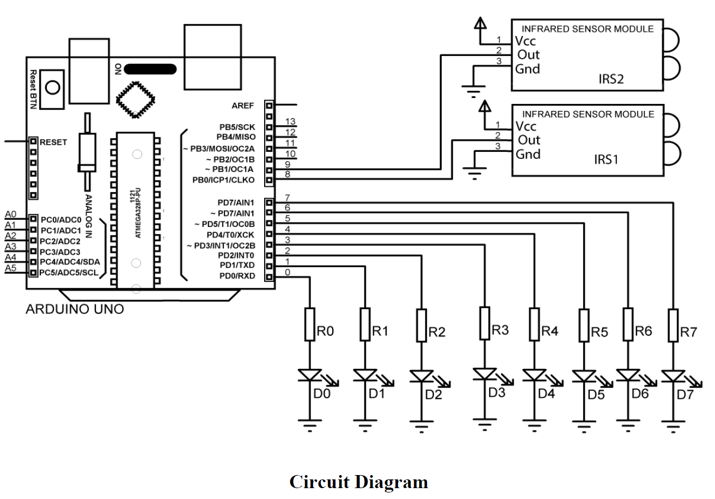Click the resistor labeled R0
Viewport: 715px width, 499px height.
310,324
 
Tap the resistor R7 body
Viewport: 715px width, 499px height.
674,325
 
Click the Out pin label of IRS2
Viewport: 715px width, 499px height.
528,54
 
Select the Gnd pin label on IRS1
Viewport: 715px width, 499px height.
528,154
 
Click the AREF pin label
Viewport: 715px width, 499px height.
243,106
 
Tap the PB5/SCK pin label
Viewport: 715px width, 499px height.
236,127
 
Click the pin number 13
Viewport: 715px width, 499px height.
290,121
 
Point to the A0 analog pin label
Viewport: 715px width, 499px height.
11,214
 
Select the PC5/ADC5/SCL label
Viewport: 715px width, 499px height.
69,273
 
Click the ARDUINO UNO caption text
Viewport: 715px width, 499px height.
75,310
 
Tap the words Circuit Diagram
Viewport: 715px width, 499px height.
358,482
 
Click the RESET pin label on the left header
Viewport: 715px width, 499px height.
53,142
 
